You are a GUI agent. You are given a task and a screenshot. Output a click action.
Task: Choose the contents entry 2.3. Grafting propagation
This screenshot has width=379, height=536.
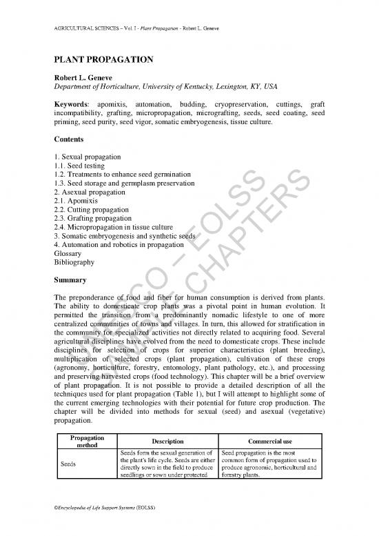[x=97, y=225]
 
